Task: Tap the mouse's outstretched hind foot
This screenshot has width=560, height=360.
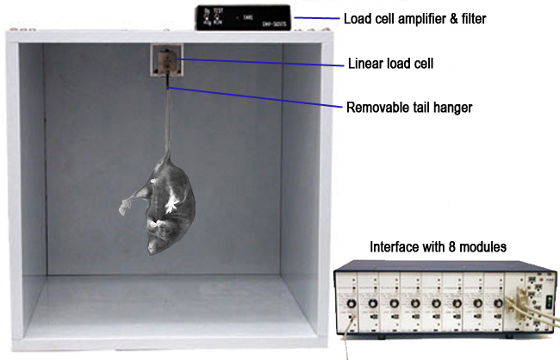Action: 128,205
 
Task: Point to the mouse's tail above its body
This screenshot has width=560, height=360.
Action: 168,121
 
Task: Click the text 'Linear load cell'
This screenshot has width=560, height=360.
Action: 389,63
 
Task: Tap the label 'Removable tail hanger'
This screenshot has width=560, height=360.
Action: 409,109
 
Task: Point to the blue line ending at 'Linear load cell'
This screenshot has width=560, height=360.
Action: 258,60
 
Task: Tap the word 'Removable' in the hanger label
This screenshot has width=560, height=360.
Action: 379,109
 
